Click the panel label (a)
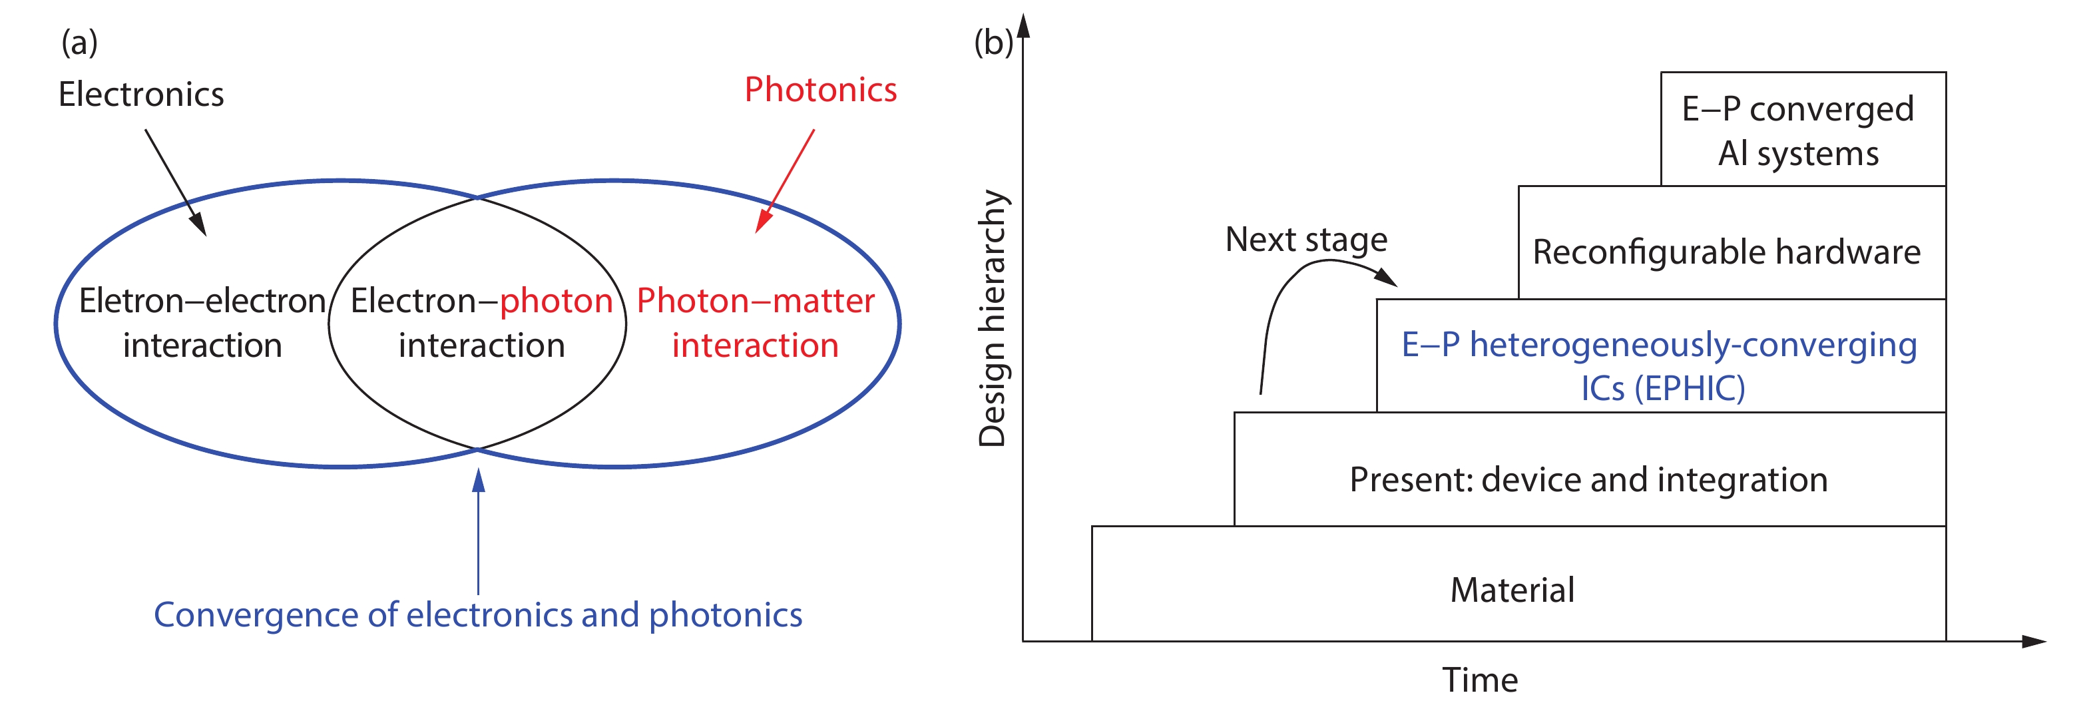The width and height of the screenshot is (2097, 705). [x=79, y=43]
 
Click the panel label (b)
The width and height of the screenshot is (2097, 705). [x=993, y=43]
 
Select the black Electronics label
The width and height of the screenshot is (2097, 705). [x=141, y=95]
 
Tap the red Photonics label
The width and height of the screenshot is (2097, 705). [x=821, y=90]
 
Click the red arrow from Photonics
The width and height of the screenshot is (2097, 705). [x=786, y=180]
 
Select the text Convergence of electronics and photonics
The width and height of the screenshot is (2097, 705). [x=478, y=614]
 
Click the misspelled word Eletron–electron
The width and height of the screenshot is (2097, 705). [x=202, y=301]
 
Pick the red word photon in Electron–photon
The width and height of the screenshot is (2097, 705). [x=556, y=301]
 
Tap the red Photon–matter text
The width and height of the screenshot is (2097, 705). [x=756, y=301]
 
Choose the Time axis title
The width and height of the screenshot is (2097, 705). [x=1480, y=680]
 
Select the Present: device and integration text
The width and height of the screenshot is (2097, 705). [x=1588, y=479]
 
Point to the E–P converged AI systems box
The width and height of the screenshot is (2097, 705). [x=1798, y=130]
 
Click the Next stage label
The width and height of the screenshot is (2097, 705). [x=1305, y=240]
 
